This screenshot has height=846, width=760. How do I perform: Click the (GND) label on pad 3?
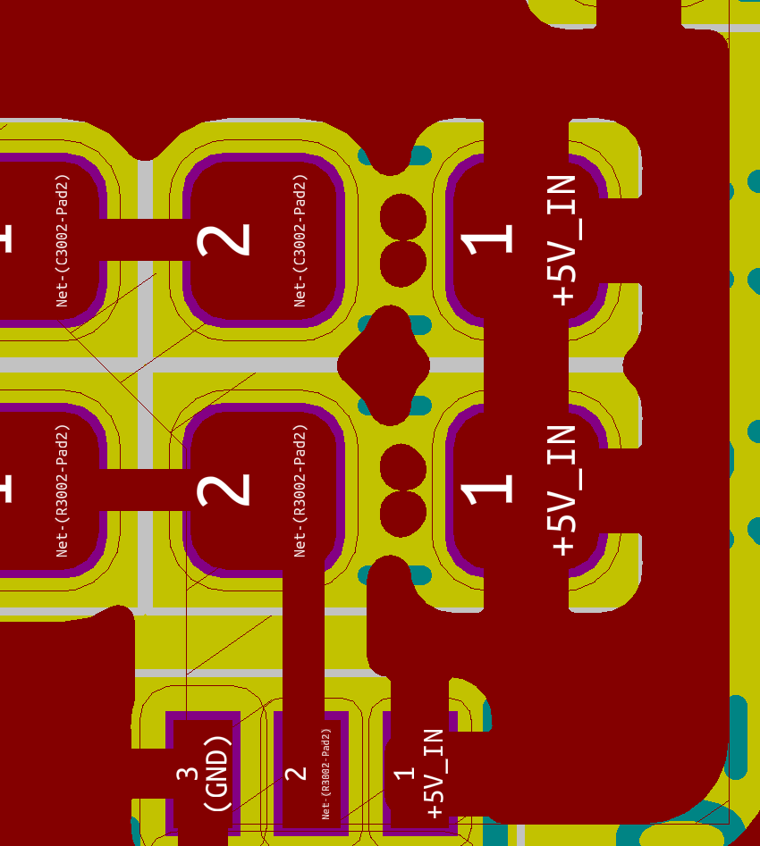[x=217, y=774]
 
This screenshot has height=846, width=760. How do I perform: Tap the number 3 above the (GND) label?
[x=188, y=774]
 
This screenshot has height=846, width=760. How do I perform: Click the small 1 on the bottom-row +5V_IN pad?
[x=405, y=773]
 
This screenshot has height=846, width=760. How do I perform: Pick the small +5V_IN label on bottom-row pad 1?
[x=435, y=774]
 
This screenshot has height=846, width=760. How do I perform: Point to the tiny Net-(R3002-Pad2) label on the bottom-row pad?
[x=326, y=774]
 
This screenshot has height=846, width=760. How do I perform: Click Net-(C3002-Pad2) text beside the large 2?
[x=300, y=240]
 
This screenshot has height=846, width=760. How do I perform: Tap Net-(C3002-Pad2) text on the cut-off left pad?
[x=63, y=240]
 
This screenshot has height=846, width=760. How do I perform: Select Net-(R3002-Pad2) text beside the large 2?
[x=300, y=490]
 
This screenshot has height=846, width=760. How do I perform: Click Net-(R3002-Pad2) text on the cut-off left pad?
[x=63, y=490]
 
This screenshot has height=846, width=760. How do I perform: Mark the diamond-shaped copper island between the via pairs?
[x=384, y=364]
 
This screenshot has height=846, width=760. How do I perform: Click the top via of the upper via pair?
[x=403, y=215]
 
